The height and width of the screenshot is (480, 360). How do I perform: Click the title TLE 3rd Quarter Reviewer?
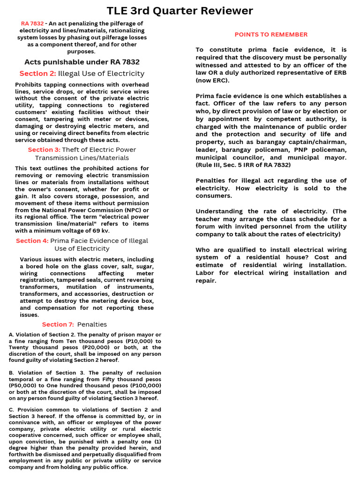tap(180, 11)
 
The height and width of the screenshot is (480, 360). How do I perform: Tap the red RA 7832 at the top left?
tap(32, 23)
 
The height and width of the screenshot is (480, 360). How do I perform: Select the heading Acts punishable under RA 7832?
tap(82, 62)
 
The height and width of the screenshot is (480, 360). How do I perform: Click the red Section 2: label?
tap(37, 74)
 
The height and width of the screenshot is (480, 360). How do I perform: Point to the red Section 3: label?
tap(44, 150)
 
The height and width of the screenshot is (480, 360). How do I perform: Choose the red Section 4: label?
tap(32, 240)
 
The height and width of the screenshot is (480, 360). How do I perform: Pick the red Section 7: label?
tap(58, 324)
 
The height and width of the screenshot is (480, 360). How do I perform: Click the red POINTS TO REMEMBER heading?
tap(271, 34)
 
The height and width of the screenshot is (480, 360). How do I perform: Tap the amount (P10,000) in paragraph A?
tap(141, 341)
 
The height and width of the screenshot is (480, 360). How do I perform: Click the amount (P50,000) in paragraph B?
tap(23, 385)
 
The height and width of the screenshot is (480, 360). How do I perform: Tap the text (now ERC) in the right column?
tap(212, 80)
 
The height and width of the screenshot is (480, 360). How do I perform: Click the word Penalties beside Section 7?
tap(92, 324)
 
